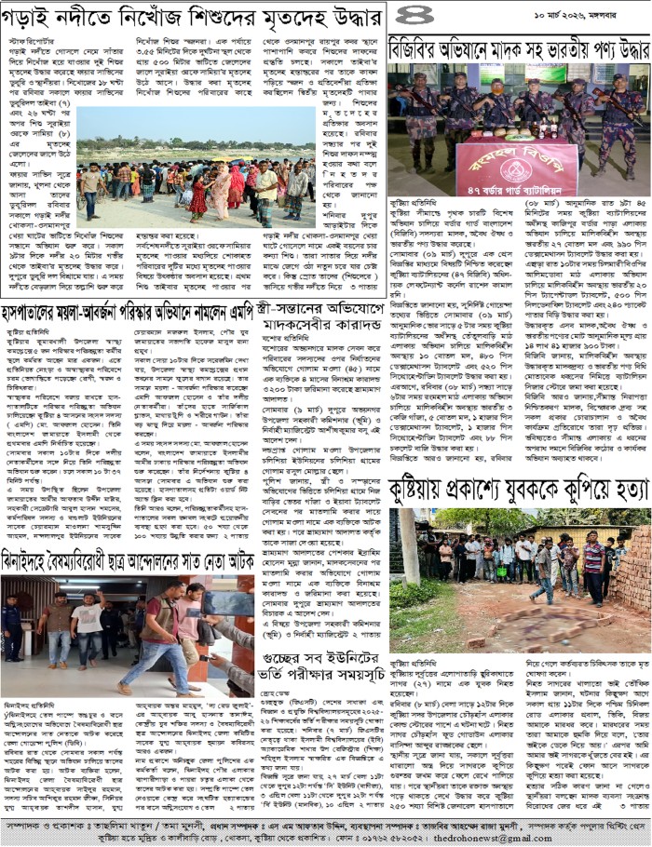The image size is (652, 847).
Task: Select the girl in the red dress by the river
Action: point(198,195)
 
